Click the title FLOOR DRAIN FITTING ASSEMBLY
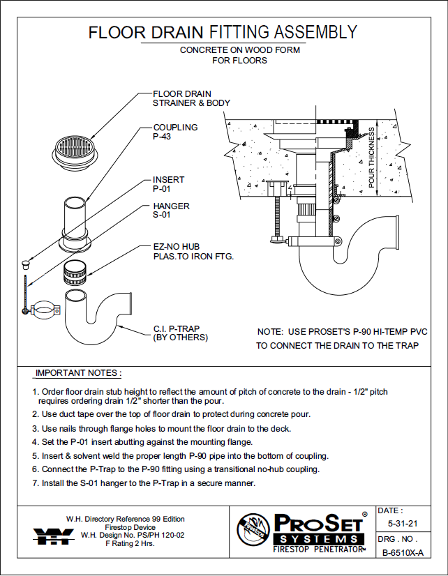click(223, 32)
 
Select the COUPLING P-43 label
click(175, 132)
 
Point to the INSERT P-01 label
click(169, 184)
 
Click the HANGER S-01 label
click(171, 211)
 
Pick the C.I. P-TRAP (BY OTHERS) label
click(180, 333)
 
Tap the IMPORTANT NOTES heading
click(78, 373)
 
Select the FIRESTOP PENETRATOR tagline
click(318, 550)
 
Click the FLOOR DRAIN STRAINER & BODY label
click(191, 98)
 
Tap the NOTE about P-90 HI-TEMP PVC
click(338, 339)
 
